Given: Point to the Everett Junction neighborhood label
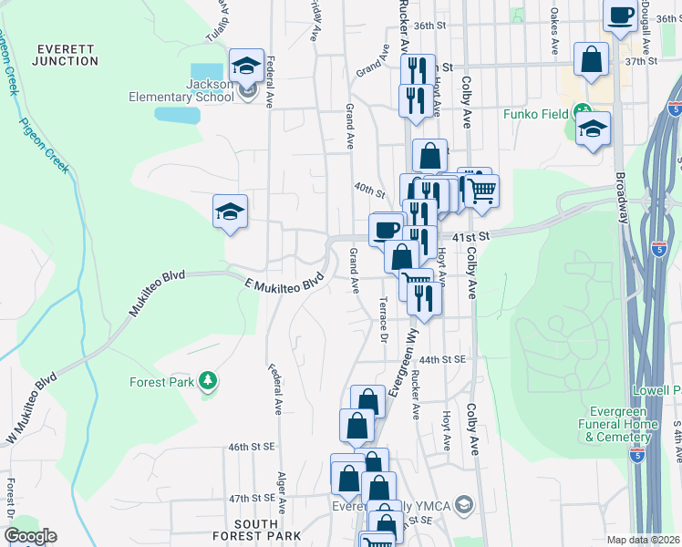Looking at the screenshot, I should coord(65,55).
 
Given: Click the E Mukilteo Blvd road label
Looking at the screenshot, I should coord(284,284).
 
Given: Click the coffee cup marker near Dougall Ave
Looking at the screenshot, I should coord(620,16).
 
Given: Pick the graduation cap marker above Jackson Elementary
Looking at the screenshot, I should coord(246,66).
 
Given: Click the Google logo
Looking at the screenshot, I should coord(30,536).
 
